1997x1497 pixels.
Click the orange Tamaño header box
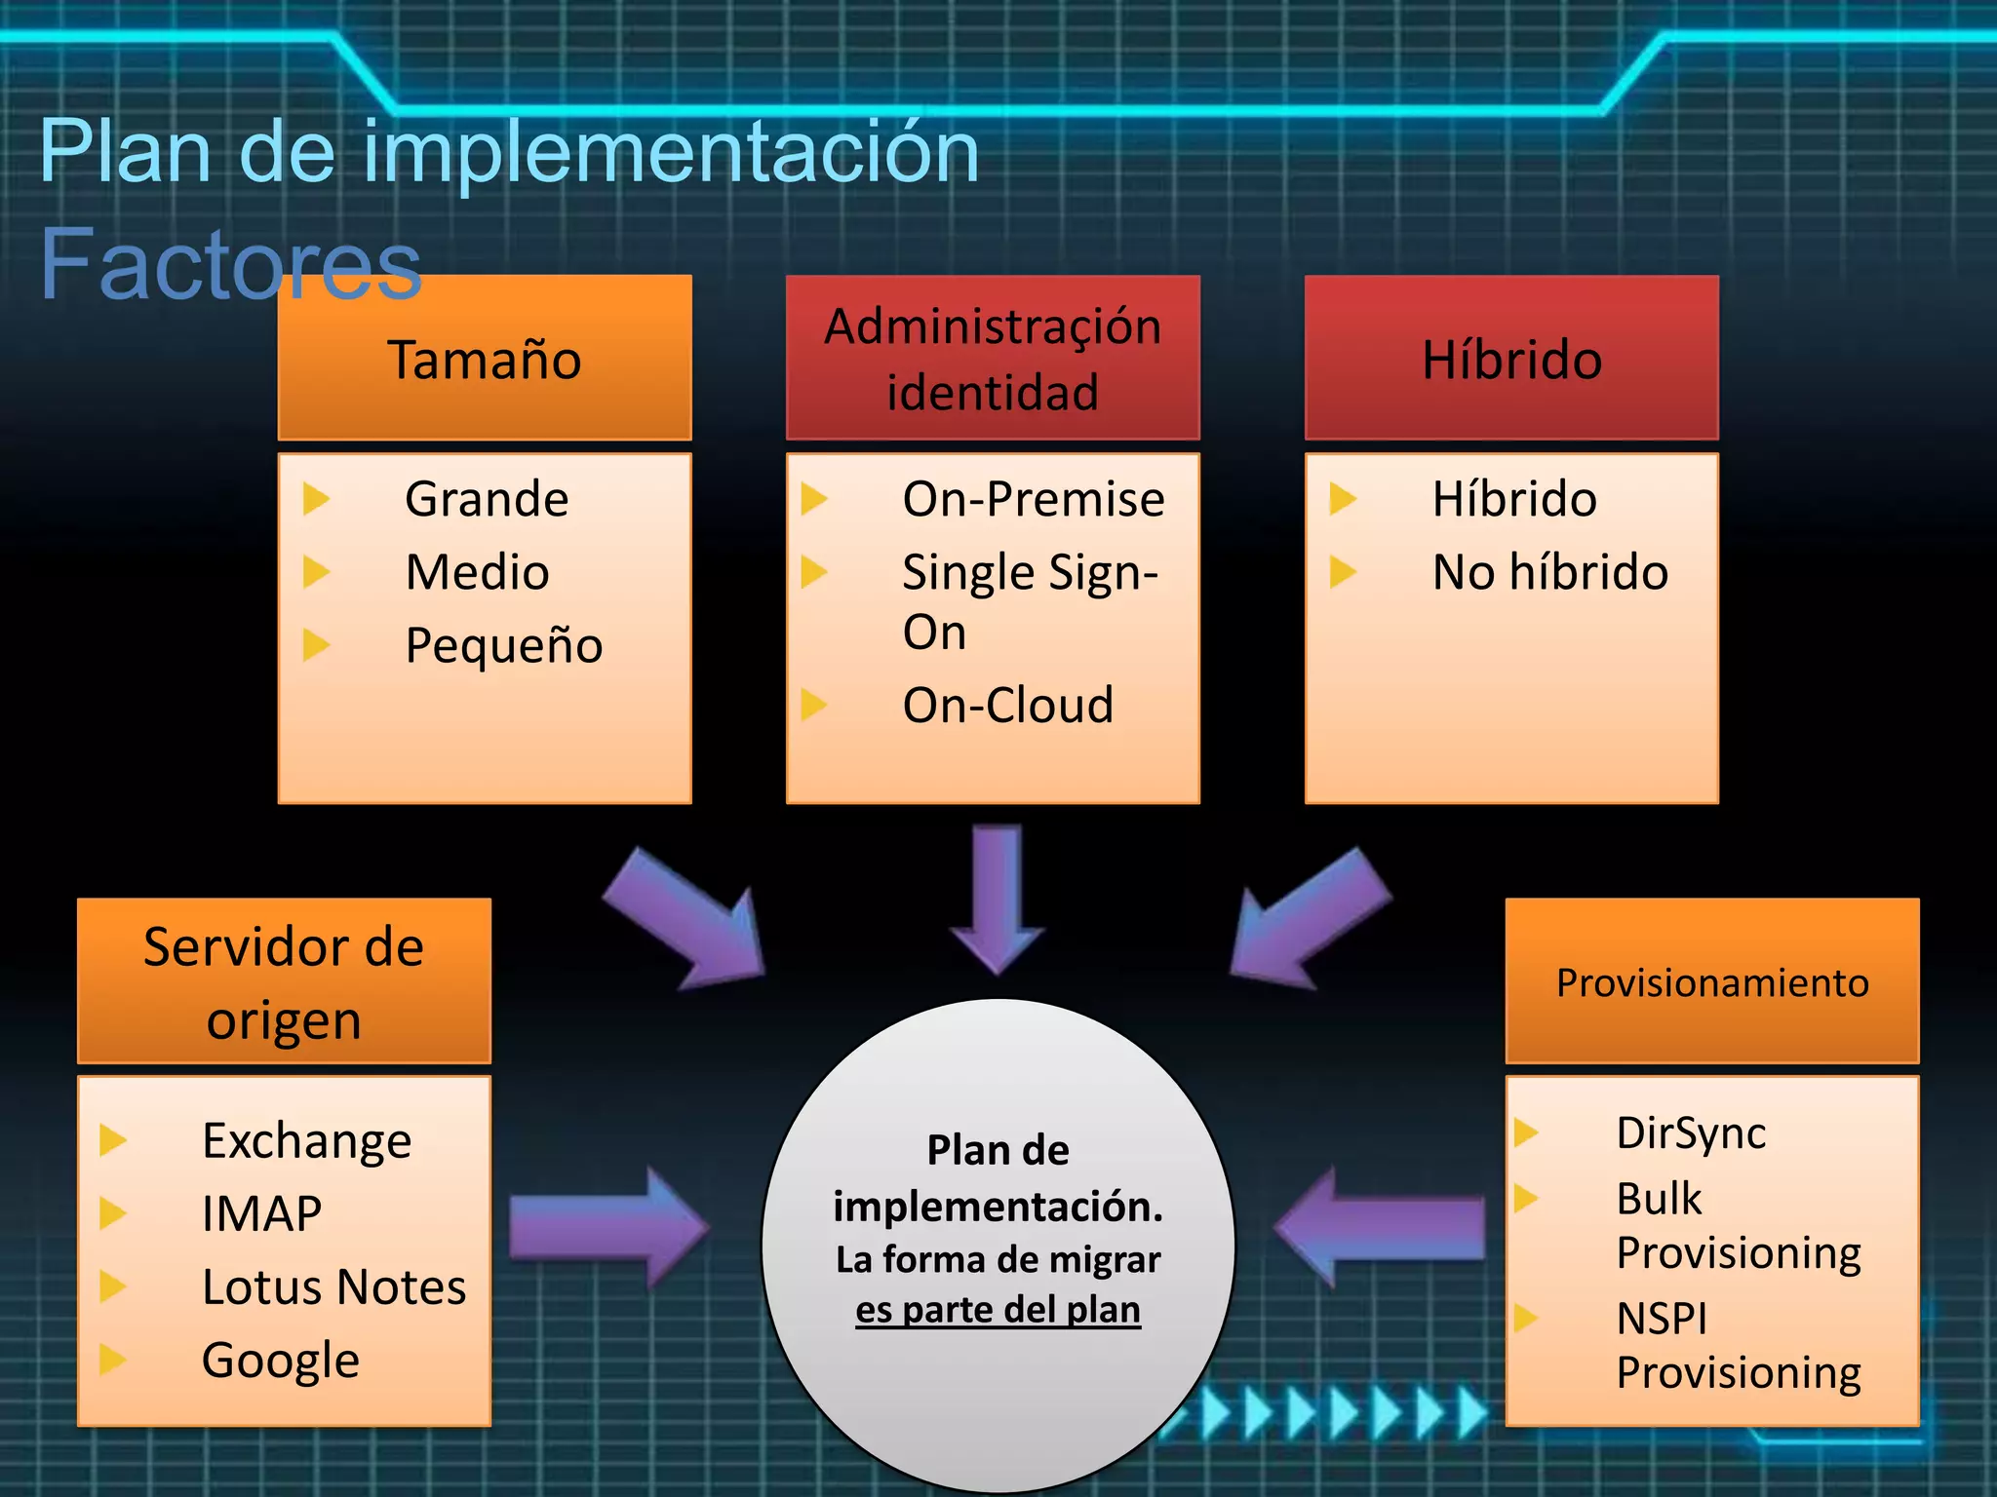coord(485,358)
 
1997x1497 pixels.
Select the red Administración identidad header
coord(993,358)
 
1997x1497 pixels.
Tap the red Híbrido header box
coord(1511,358)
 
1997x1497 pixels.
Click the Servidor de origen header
coord(284,981)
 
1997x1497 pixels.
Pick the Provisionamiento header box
coord(1712,981)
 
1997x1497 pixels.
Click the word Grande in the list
coord(487,499)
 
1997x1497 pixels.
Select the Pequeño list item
coord(504,645)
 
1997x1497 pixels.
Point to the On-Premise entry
coord(1034,499)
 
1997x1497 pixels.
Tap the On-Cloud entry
coord(1008,705)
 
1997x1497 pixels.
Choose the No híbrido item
coord(1550,572)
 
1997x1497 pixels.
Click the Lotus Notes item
coord(333,1286)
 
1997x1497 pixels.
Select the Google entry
coord(281,1360)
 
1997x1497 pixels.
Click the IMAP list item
coord(261,1213)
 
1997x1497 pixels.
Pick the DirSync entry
coord(1691,1132)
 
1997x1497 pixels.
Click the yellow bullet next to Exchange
coord(113,1139)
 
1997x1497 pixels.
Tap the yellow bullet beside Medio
coord(316,572)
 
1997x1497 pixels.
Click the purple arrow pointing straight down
coord(998,898)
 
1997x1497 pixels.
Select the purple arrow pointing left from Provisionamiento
coord(1380,1228)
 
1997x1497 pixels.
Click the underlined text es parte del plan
coord(998,1309)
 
